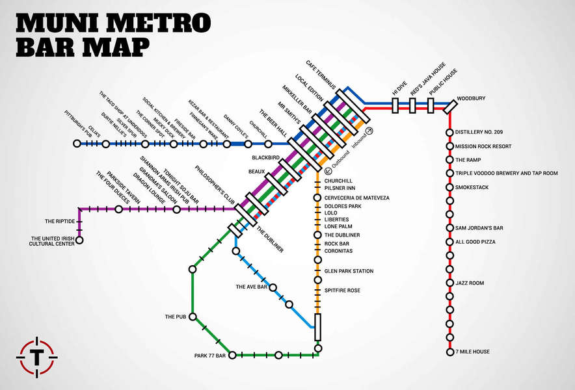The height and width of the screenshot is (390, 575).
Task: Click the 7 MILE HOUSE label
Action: click(x=472, y=352)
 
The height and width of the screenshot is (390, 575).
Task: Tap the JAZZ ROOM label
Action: click(x=470, y=283)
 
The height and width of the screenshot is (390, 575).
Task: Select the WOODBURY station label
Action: click(x=471, y=99)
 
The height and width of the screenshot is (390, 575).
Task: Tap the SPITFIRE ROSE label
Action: click(x=342, y=291)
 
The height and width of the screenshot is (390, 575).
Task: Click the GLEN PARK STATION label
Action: click(x=349, y=272)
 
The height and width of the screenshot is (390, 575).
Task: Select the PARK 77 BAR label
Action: click(x=210, y=356)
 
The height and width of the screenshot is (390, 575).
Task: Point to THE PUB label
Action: click(x=176, y=317)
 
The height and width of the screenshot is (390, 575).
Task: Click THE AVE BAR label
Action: click(x=252, y=287)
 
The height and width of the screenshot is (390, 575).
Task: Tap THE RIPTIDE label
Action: click(x=60, y=222)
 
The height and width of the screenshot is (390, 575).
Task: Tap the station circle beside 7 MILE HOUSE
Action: click(x=449, y=352)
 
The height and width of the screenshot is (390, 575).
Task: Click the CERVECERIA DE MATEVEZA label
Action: click(x=356, y=198)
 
